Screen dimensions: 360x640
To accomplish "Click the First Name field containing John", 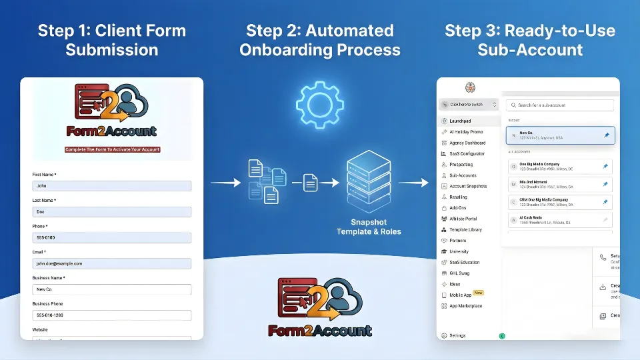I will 111,187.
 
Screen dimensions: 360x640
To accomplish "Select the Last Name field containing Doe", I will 111,212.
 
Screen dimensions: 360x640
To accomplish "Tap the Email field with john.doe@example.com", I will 111,264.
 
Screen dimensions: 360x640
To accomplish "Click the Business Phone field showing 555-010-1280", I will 111,315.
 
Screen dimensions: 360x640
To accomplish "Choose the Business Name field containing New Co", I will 111,289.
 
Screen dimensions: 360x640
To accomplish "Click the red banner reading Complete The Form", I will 112,149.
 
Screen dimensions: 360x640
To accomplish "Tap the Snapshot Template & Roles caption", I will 369,227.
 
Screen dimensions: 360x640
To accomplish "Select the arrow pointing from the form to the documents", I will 225,181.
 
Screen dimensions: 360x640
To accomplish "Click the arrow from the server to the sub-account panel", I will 415,181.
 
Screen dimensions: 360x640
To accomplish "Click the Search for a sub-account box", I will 560,105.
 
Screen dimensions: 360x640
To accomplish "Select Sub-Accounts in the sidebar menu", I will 463,175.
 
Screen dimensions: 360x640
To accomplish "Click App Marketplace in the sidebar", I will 465,306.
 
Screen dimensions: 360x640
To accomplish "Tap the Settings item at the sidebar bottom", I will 457,335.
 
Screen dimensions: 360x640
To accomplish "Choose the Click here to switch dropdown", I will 469,105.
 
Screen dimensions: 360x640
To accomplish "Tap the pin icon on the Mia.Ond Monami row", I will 605,184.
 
